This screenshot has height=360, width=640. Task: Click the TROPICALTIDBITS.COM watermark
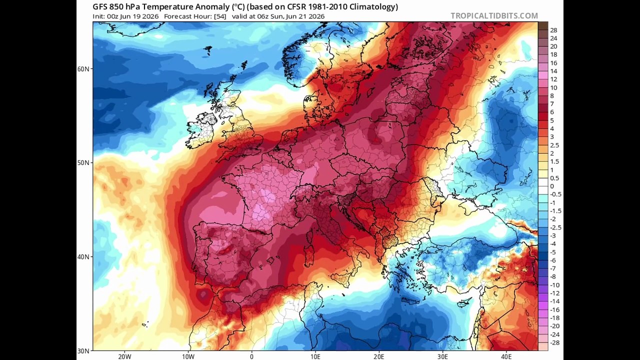point(494,15)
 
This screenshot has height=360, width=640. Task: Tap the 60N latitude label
point(83,69)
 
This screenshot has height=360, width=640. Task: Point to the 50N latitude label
point(83,162)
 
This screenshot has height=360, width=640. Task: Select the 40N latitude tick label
point(83,256)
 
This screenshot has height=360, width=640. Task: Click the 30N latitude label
point(83,351)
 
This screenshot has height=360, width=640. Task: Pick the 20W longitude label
point(124,356)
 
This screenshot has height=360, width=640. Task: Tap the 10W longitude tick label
point(188,356)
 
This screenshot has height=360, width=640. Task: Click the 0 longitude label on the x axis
point(251,356)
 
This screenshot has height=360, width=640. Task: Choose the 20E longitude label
point(379,356)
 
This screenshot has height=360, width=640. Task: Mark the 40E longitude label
point(506,356)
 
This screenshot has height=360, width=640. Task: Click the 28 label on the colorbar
point(553,30)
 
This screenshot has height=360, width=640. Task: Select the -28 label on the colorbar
point(554,342)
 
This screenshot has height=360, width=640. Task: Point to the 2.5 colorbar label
point(554,145)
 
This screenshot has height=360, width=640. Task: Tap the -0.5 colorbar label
point(555,194)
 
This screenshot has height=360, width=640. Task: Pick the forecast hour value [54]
point(220,16)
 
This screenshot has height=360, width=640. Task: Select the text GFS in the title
point(99,6)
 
